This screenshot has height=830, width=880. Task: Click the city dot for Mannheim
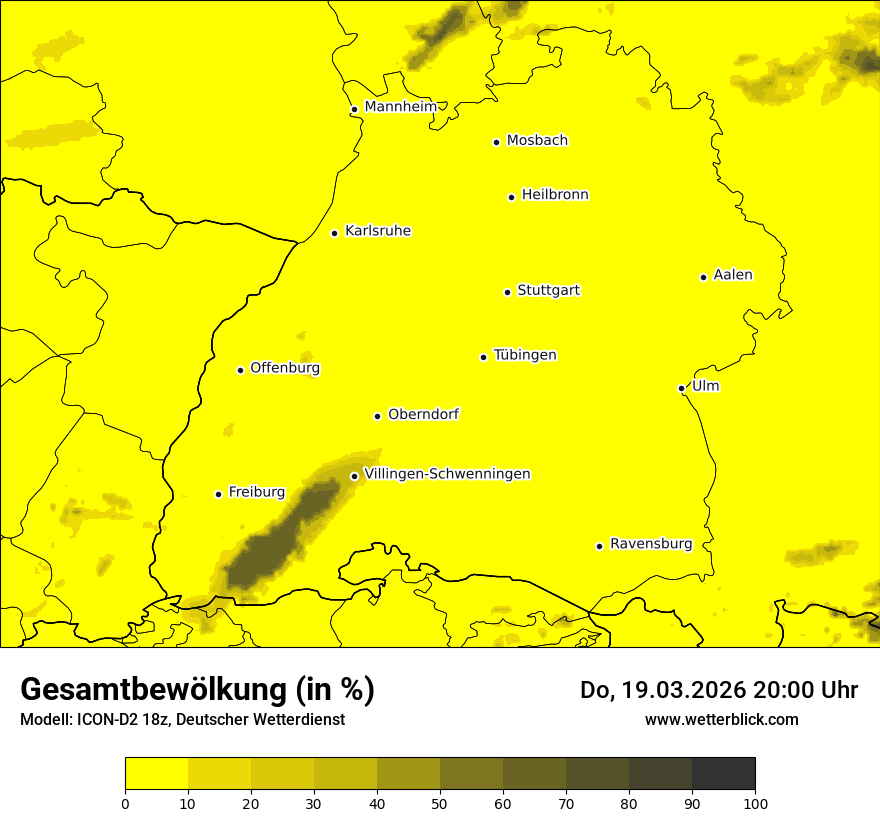(354, 110)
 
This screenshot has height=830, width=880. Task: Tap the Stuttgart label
(548, 291)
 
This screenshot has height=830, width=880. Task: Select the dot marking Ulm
(681, 388)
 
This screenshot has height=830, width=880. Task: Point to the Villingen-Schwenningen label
(447, 474)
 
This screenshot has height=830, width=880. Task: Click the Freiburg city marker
(218, 494)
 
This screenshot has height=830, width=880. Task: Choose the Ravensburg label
(651, 544)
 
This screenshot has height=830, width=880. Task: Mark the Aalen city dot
(703, 277)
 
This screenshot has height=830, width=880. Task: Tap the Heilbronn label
(555, 195)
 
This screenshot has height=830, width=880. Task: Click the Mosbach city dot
(496, 142)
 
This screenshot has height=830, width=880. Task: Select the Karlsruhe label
(377, 231)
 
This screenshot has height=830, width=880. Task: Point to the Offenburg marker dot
(240, 370)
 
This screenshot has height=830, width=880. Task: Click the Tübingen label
(525, 355)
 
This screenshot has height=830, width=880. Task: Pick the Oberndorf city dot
(377, 416)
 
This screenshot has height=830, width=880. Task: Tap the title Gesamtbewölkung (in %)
(197, 690)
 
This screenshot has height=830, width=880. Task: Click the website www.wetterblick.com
(721, 720)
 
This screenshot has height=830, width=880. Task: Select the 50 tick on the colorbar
(440, 803)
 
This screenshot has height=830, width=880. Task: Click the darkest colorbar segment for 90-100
(723, 774)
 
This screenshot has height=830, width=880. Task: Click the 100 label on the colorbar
(755, 803)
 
